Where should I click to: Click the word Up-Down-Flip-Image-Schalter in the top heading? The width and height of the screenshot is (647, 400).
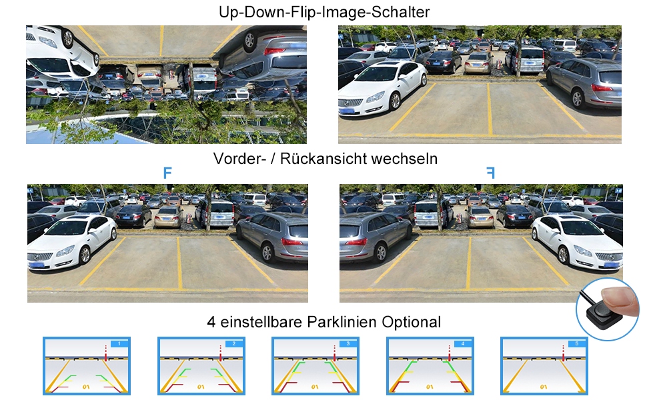323,12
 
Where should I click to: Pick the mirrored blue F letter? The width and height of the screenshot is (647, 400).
490,173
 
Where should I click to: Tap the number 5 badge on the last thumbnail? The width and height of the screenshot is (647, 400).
577,343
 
